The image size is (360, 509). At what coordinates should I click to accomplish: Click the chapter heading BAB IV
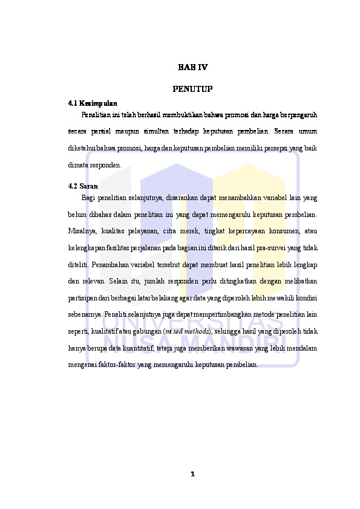pyautogui.click(x=192, y=68)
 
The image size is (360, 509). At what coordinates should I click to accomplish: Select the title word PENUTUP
pyautogui.click(x=192, y=89)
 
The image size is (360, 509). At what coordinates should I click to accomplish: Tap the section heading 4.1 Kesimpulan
pyautogui.click(x=93, y=103)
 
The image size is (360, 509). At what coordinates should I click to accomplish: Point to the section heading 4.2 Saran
pyautogui.click(x=83, y=186)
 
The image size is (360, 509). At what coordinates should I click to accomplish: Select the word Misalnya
pyautogui.click(x=81, y=230)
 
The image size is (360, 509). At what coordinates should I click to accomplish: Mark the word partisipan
pyautogui.click(x=82, y=298)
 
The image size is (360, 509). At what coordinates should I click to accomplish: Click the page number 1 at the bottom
pyautogui.click(x=192, y=473)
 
